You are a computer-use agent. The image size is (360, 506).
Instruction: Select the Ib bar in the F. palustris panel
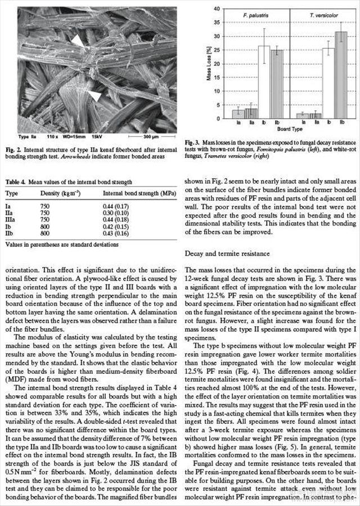(x=264, y=82)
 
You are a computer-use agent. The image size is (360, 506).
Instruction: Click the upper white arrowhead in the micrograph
(x=77, y=40)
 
